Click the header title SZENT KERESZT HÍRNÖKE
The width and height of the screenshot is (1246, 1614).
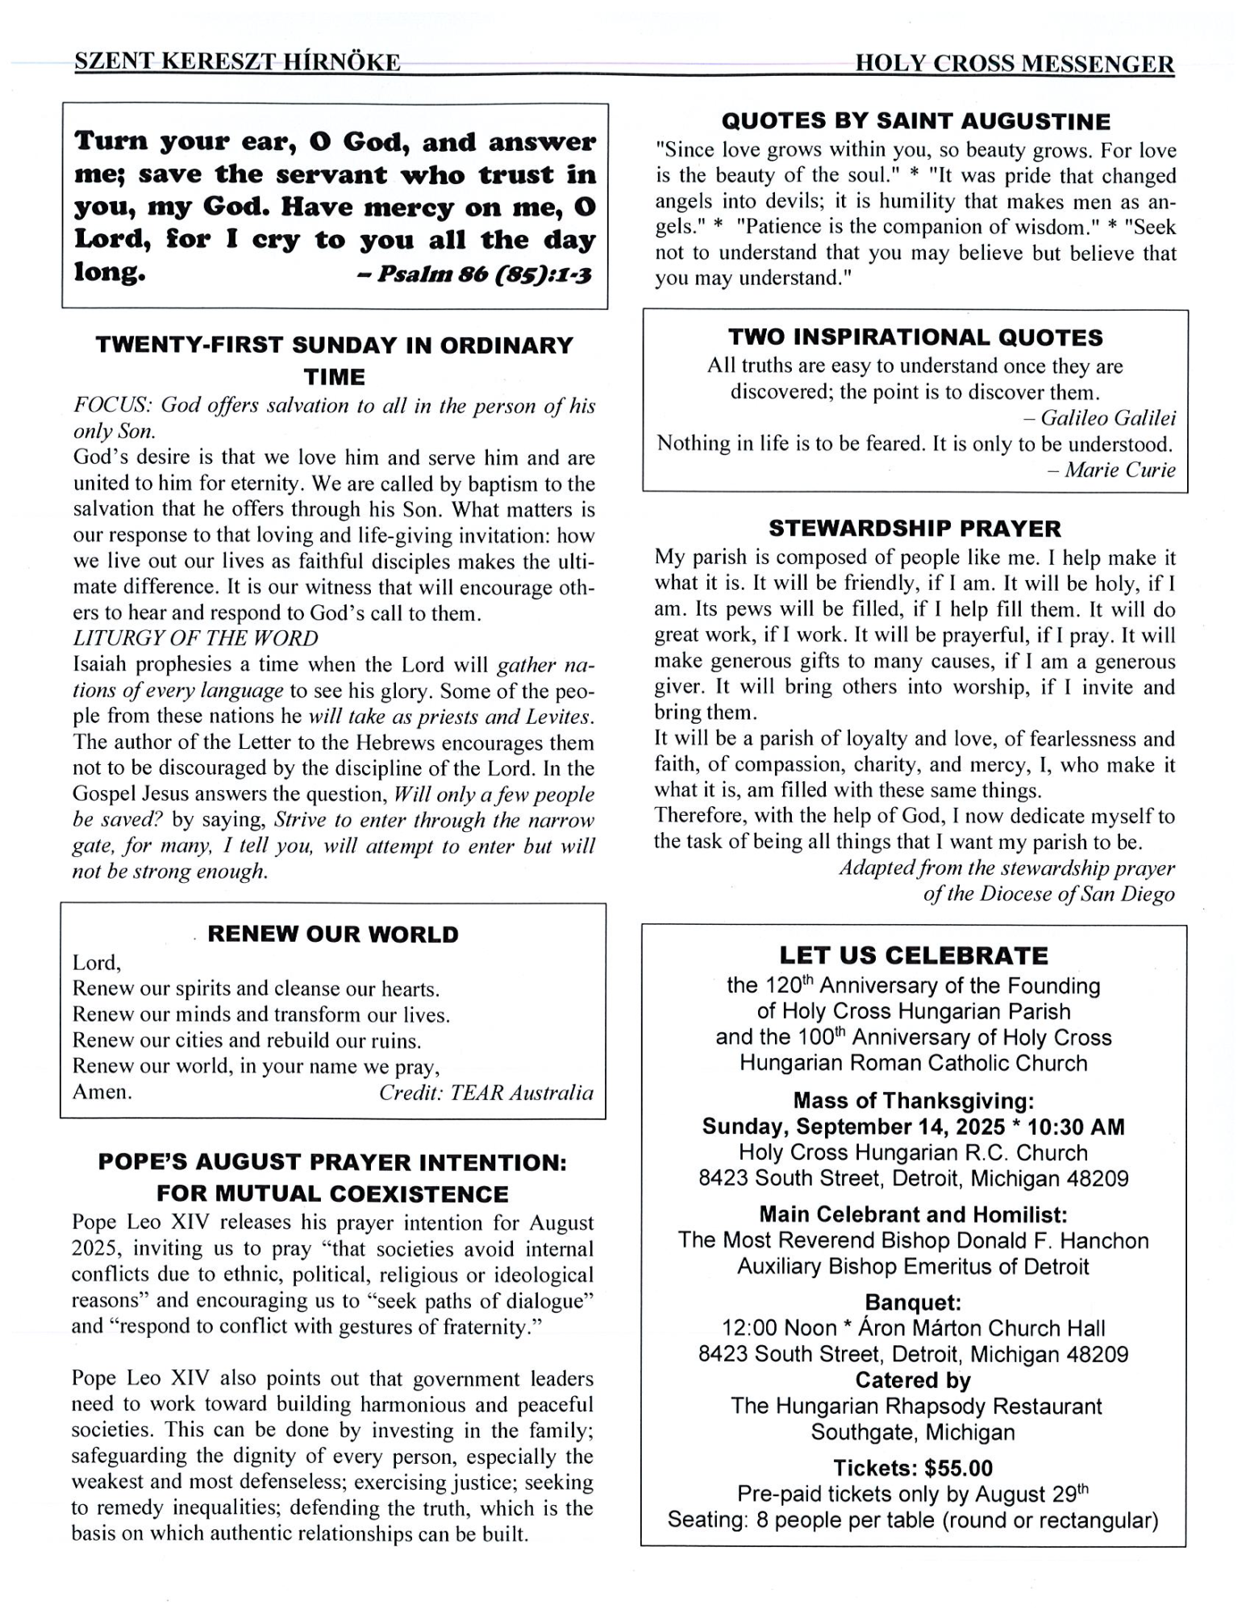[237, 63]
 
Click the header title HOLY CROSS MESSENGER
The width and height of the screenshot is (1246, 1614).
[1014, 64]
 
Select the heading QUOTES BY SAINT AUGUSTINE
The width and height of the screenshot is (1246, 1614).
[915, 122]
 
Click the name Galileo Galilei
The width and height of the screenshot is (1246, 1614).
[1108, 418]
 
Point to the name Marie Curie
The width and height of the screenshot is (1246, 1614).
[1119, 470]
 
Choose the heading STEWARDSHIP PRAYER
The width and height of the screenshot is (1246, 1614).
[915, 529]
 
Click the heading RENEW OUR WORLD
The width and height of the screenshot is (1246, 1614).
[333, 935]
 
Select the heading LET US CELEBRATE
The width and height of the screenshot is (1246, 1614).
[914, 956]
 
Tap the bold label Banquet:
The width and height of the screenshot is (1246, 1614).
[913, 1302]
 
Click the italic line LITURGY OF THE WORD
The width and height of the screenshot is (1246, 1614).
[195, 638]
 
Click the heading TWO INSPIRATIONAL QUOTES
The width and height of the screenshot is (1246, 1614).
[915, 337]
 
